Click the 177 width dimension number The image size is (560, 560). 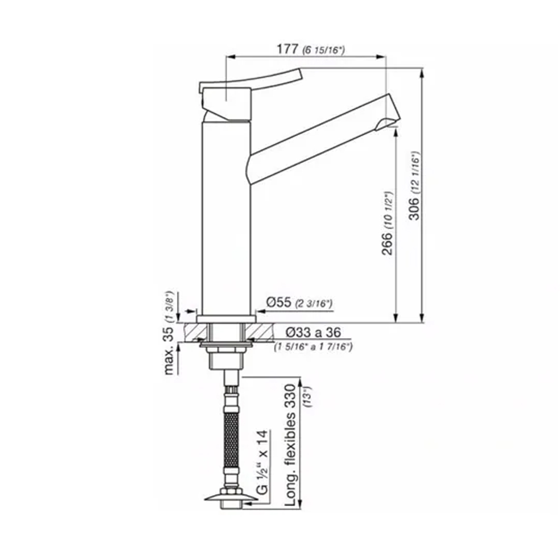tap(287, 49)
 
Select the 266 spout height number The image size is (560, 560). tap(387, 244)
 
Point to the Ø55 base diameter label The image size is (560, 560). tap(279, 302)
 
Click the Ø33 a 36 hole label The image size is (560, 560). tap(313, 332)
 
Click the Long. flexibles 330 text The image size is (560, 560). tap(290, 445)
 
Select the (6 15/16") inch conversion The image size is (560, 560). tap(324, 50)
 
